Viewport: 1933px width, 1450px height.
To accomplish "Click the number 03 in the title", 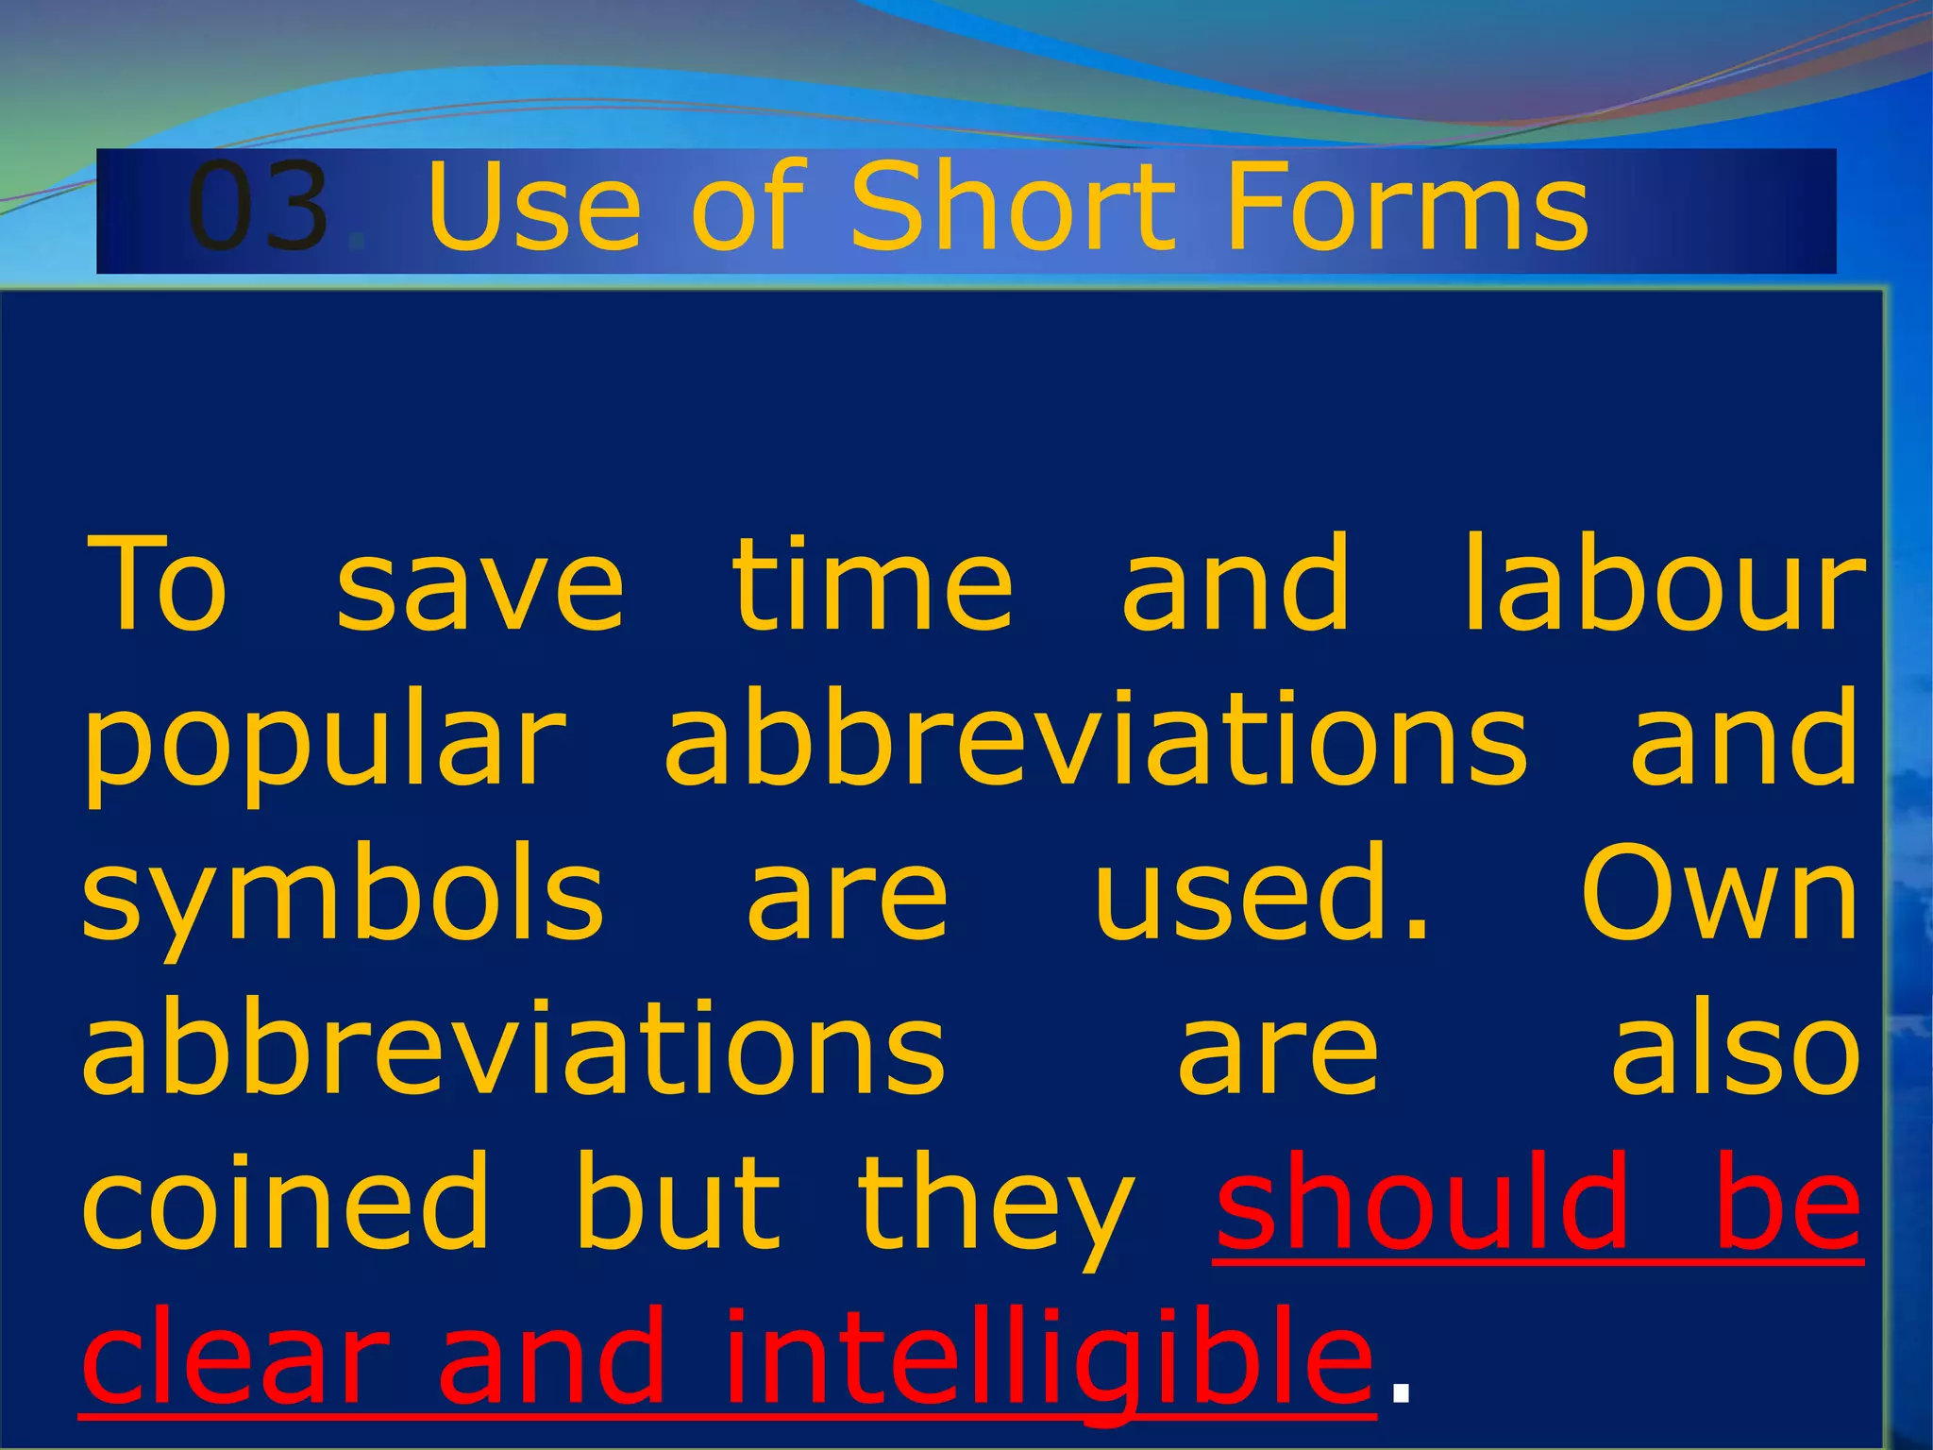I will tap(259, 207).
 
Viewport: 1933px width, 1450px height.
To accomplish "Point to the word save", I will tap(480, 585).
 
